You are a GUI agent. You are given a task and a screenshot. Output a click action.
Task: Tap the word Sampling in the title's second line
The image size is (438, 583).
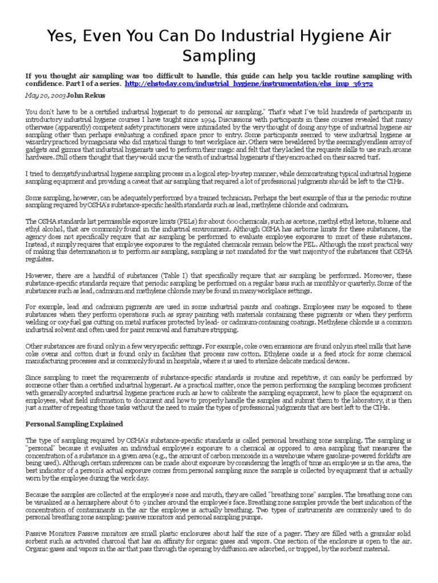pos(218,56)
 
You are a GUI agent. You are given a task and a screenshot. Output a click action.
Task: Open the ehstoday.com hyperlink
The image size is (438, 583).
pos(248,83)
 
